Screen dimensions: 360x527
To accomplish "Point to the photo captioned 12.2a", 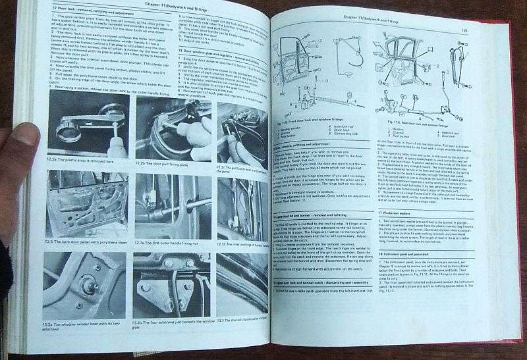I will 88,122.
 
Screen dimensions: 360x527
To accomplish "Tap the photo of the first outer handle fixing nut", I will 172,205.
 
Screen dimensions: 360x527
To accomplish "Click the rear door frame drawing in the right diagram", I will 412,56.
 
